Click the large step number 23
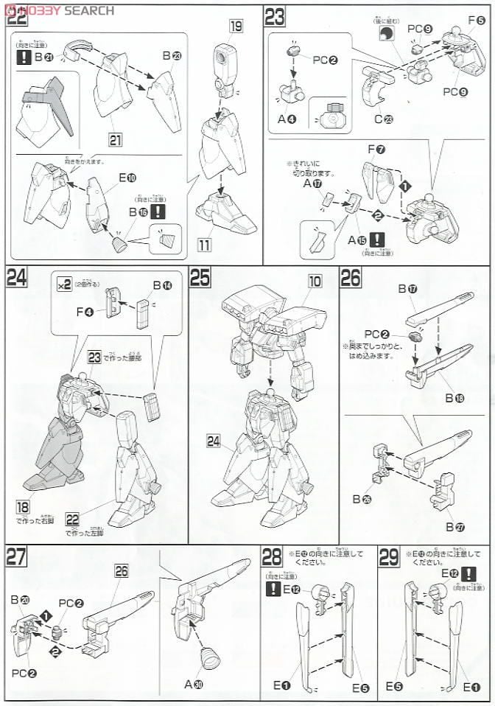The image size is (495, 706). click(x=275, y=16)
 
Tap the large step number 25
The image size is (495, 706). click(x=201, y=277)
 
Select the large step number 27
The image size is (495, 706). click(x=17, y=556)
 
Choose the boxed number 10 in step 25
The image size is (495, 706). click(x=315, y=280)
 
